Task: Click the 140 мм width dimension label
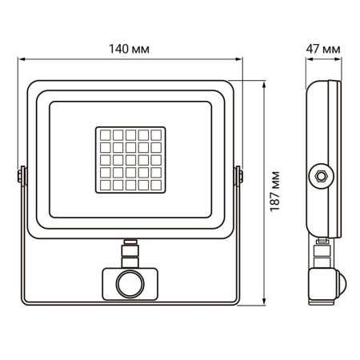[x=130, y=48]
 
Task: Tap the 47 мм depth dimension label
[x=324, y=48]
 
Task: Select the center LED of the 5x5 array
[x=130, y=159]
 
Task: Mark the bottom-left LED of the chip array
[x=104, y=185]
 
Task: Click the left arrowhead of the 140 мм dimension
[x=22, y=58]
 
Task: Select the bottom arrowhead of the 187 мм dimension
[x=264, y=306]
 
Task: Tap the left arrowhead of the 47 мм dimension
[x=308, y=58]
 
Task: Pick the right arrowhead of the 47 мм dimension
[x=340, y=58]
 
